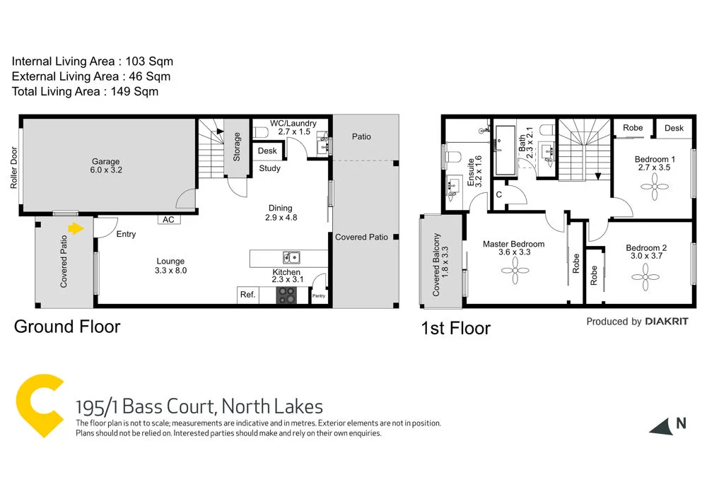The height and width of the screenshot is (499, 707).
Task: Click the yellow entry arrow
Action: pos(74,228)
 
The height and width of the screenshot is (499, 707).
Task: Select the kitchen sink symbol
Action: pos(290,257)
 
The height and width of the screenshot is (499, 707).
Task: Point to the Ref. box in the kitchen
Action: pos(247,295)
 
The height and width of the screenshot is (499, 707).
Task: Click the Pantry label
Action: pos(318,295)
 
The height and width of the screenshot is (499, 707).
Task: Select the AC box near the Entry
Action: pos(168,220)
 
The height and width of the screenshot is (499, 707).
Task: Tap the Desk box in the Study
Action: pos(267,151)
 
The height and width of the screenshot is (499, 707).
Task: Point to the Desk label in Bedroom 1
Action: pos(674,128)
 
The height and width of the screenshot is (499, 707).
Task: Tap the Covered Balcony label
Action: pos(440,264)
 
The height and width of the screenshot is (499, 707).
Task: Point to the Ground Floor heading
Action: pos(67,327)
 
